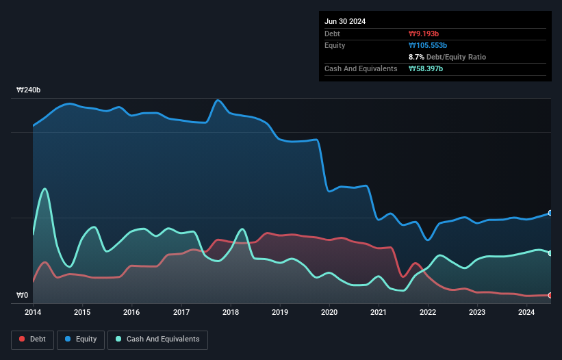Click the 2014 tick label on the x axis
[x=33, y=313]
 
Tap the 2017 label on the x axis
[x=181, y=313]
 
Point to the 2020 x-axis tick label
[x=329, y=313]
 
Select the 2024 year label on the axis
[x=526, y=313]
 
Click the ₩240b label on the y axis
[x=29, y=90]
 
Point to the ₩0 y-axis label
[x=23, y=296]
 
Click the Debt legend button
[x=32, y=339]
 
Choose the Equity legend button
[x=80, y=339]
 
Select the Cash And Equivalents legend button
[x=157, y=339]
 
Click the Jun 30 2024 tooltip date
[x=345, y=21]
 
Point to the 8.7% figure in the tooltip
[x=416, y=57]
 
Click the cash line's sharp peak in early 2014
[x=45, y=189]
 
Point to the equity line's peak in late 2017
[x=218, y=101]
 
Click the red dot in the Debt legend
[x=23, y=339]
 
